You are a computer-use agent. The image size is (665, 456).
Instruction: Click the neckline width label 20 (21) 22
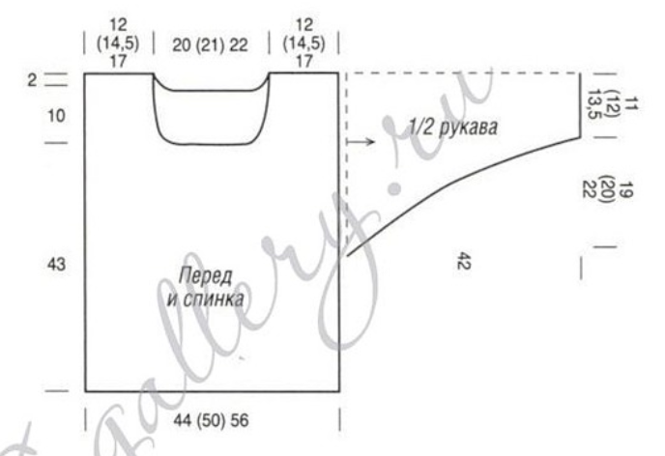pos(210,44)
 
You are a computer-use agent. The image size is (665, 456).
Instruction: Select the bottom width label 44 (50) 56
pos(211,420)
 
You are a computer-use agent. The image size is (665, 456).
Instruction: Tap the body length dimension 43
pos(56,264)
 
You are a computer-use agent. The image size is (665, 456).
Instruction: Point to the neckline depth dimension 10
pos(56,115)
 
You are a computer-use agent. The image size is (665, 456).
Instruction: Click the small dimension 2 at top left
pos(32,79)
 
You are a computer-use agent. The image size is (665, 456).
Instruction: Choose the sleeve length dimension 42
pos(464,261)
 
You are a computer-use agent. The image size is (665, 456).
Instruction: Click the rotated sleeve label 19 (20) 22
pos(609,189)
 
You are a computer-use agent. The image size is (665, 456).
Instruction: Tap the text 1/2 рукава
pos(453,127)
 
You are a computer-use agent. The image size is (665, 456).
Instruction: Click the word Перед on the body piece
pos(205,276)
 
